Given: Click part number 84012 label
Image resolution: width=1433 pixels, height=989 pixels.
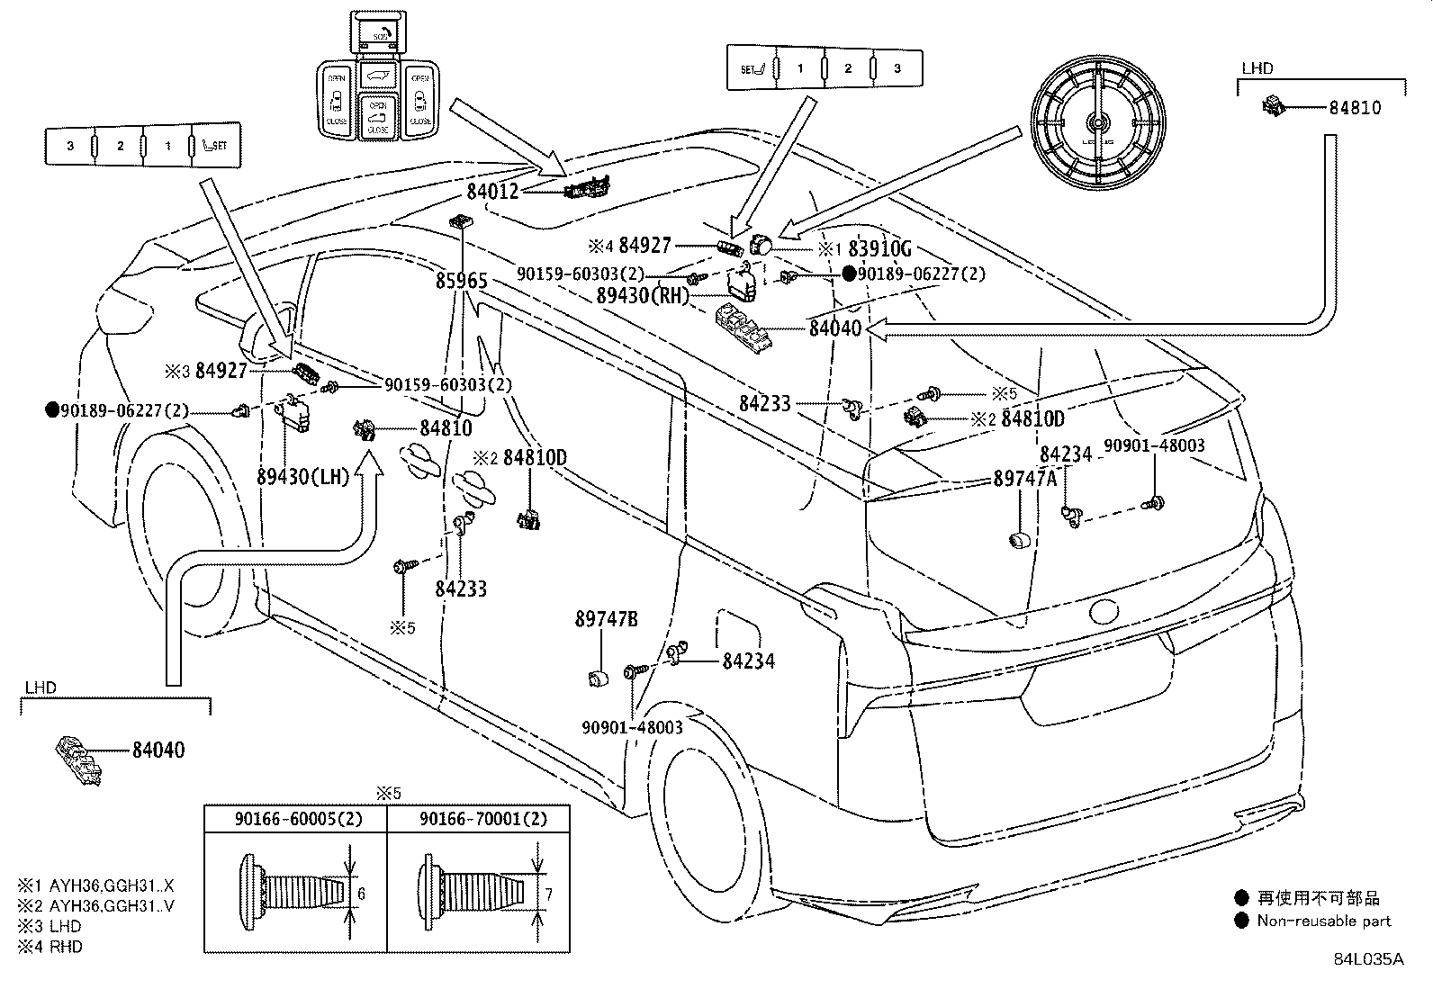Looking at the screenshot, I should tap(492, 191).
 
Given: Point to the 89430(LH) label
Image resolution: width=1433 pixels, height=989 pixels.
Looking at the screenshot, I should tap(302, 477).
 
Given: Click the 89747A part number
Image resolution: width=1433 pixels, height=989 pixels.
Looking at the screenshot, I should tap(1024, 479).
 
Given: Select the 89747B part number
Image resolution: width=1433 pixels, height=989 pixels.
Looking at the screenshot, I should tap(606, 619).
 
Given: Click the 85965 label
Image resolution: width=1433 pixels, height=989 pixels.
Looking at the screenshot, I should tap(462, 282).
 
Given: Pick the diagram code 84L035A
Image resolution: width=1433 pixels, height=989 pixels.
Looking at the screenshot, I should tap(1368, 958).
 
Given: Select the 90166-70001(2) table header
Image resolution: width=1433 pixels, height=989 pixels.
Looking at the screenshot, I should tap(482, 819).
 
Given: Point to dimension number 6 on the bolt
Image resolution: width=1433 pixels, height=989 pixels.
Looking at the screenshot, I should tap(361, 894).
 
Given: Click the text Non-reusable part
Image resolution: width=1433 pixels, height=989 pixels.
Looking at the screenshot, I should tap(1323, 921).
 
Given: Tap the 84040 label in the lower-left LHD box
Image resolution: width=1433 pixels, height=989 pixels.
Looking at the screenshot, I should tap(158, 750).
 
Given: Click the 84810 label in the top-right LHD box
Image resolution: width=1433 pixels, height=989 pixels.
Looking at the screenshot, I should tap(1355, 108).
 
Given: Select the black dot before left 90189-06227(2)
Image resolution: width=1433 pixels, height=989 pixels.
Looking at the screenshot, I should tap(52, 410).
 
